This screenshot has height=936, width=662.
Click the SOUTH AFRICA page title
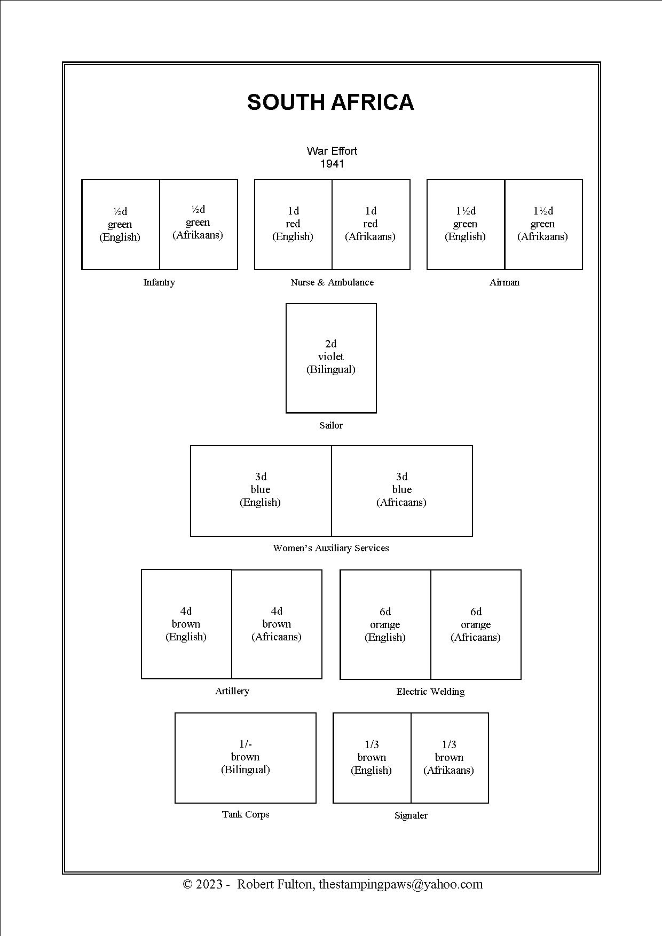tap(330, 102)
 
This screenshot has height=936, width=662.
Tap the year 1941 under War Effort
tap(332, 164)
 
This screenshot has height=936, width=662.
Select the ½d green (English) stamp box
tap(121, 224)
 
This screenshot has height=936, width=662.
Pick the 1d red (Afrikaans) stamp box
tap(371, 224)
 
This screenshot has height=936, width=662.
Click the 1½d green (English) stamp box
tap(466, 224)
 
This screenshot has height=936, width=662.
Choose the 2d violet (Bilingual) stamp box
tap(331, 358)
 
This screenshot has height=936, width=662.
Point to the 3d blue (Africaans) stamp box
tap(401, 490)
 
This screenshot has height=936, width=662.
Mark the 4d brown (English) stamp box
tap(186, 624)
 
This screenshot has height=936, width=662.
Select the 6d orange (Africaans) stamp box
tap(476, 624)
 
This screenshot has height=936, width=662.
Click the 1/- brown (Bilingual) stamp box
tap(246, 757)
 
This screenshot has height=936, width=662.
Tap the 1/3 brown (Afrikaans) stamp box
tap(449, 757)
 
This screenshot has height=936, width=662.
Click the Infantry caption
tap(159, 282)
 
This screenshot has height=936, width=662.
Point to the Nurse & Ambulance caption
tap(332, 282)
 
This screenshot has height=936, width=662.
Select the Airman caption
tap(505, 282)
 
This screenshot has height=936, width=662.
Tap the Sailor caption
tap(331, 425)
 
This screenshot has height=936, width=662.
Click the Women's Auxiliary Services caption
tap(331, 548)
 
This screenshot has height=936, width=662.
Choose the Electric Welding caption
tap(430, 692)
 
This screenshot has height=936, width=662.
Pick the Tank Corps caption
tap(246, 814)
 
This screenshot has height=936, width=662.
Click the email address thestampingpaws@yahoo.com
tap(400, 884)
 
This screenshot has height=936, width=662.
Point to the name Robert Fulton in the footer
tap(275, 884)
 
